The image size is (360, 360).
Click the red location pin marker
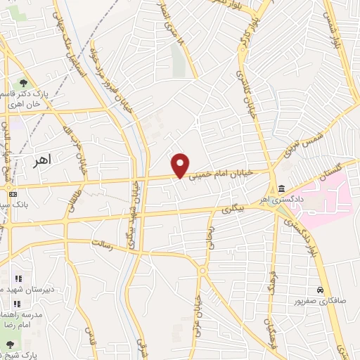(x=181, y=165)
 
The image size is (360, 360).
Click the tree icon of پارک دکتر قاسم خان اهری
(x=24, y=83)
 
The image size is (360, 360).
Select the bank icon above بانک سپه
(x=12, y=193)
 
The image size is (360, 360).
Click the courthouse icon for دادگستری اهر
(x=281, y=188)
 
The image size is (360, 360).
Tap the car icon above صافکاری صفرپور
(x=320, y=290)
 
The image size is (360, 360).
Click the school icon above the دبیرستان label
(x=18, y=278)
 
